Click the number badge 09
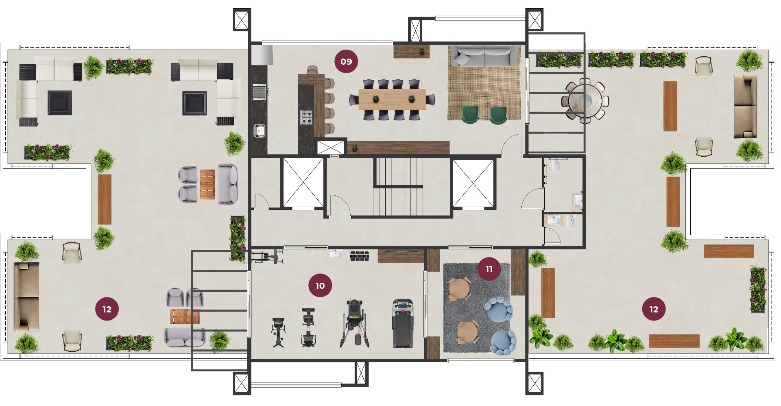point(346,61)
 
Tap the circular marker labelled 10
point(320,286)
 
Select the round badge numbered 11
point(489,269)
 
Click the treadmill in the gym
point(403,323)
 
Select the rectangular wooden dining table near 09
point(392,99)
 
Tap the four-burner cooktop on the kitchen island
point(306,117)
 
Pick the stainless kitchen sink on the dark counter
point(260,131)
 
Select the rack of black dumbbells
point(359,255)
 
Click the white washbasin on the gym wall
point(336,254)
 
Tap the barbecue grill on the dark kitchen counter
point(260,91)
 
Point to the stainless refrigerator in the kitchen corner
point(262,55)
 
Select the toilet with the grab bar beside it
point(556,166)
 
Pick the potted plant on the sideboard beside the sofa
point(422,51)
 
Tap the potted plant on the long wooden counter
point(354,147)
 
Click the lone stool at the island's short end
point(312,70)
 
